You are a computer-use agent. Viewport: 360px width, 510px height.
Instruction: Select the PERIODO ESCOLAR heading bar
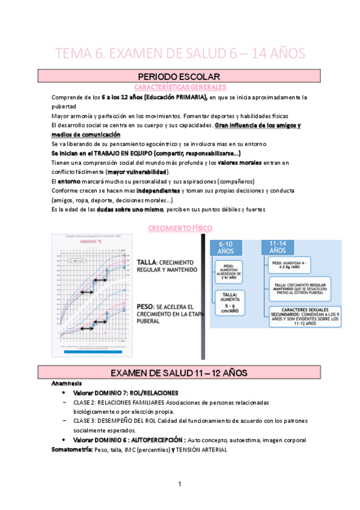point(179,76)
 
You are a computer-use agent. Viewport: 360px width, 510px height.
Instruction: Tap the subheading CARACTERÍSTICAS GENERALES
point(179,87)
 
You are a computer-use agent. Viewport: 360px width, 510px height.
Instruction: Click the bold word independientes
point(164,191)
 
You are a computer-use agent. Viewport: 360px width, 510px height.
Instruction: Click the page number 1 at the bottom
point(179,485)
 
